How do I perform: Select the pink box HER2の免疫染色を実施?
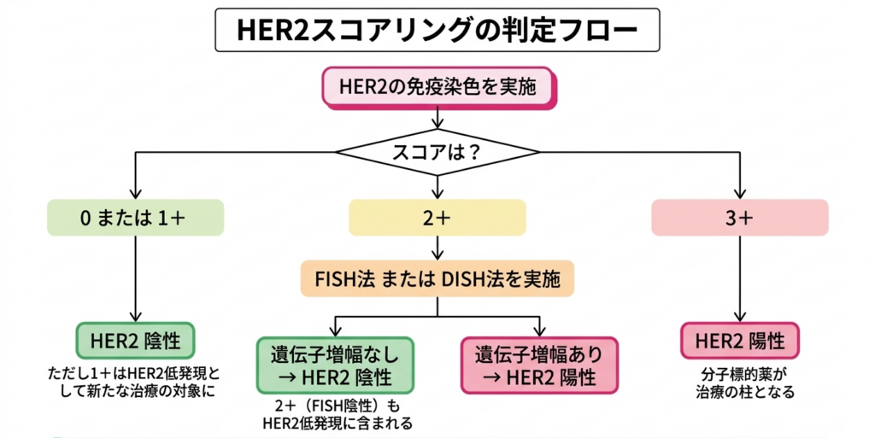click(437, 88)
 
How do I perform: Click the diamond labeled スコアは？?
click(437, 154)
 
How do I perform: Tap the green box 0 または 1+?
click(135, 217)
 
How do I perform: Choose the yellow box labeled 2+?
click(437, 217)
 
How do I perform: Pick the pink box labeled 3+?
click(739, 217)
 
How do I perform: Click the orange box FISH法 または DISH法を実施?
click(437, 277)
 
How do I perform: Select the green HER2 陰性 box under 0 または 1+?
click(135, 341)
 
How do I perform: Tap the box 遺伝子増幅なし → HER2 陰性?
click(335, 365)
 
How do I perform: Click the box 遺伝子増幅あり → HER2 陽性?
click(538, 365)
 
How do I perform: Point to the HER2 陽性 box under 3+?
click(739, 341)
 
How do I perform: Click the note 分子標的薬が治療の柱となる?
click(739, 383)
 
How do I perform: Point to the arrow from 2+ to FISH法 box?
click(437, 248)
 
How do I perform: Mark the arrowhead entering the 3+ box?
click(740, 192)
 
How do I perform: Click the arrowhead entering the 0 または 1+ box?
click(135, 192)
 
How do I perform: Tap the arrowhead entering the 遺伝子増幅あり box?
click(539, 331)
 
